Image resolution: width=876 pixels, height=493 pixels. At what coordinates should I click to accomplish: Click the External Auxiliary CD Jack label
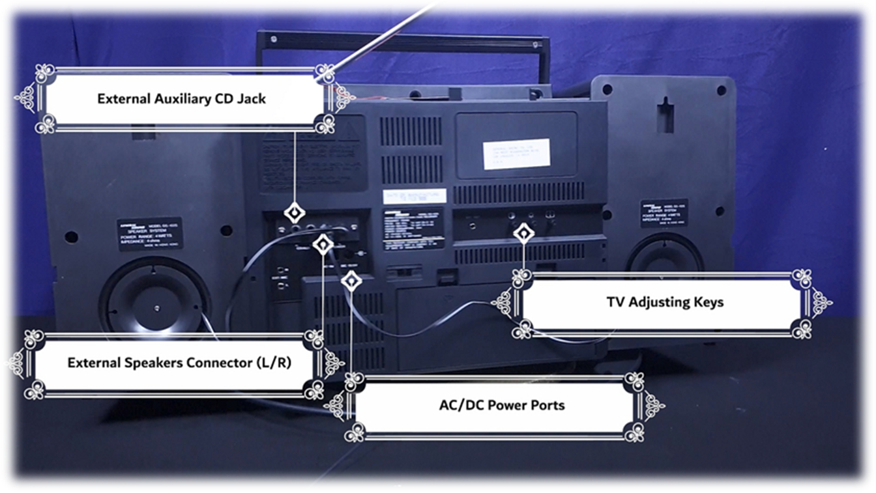pyautogui.click(x=181, y=99)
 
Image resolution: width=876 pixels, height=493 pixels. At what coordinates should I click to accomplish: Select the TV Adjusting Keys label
pyautogui.click(x=665, y=302)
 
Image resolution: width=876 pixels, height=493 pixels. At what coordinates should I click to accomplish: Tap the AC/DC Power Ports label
pyautogui.click(x=501, y=405)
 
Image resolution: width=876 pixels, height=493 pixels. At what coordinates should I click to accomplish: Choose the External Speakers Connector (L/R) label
pyautogui.click(x=179, y=363)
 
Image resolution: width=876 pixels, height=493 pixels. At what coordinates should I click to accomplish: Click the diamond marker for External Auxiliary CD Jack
pyautogui.click(x=295, y=213)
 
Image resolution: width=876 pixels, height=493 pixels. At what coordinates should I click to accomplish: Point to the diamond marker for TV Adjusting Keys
pyautogui.click(x=523, y=233)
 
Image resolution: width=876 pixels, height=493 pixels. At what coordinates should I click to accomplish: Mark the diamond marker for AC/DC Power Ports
pyautogui.click(x=351, y=281)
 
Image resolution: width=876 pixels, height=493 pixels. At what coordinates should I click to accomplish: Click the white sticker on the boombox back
pyautogui.click(x=516, y=153)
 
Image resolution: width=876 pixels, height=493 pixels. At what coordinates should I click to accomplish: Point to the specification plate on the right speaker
pyautogui.click(x=664, y=213)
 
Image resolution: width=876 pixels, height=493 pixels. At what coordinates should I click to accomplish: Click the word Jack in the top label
pyautogui.click(x=251, y=99)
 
